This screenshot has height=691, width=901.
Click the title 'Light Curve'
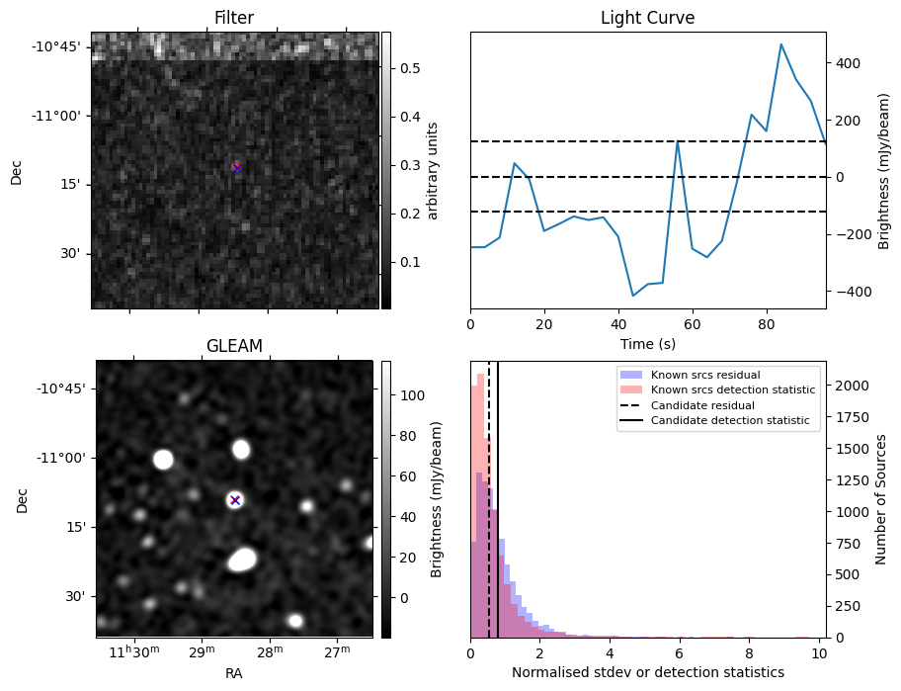point(647,18)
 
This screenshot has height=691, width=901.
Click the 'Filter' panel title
point(234,18)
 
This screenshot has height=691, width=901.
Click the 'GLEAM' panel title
point(234,346)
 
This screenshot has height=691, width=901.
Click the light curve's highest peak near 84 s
point(780,44)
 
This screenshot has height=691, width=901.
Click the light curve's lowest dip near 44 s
point(633,296)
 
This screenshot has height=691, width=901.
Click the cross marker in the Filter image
point(236,167)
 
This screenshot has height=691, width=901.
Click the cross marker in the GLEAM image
point(235,500)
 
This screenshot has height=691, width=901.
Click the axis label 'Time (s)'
point(647,343)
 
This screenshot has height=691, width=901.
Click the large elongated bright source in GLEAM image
point(242,560)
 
